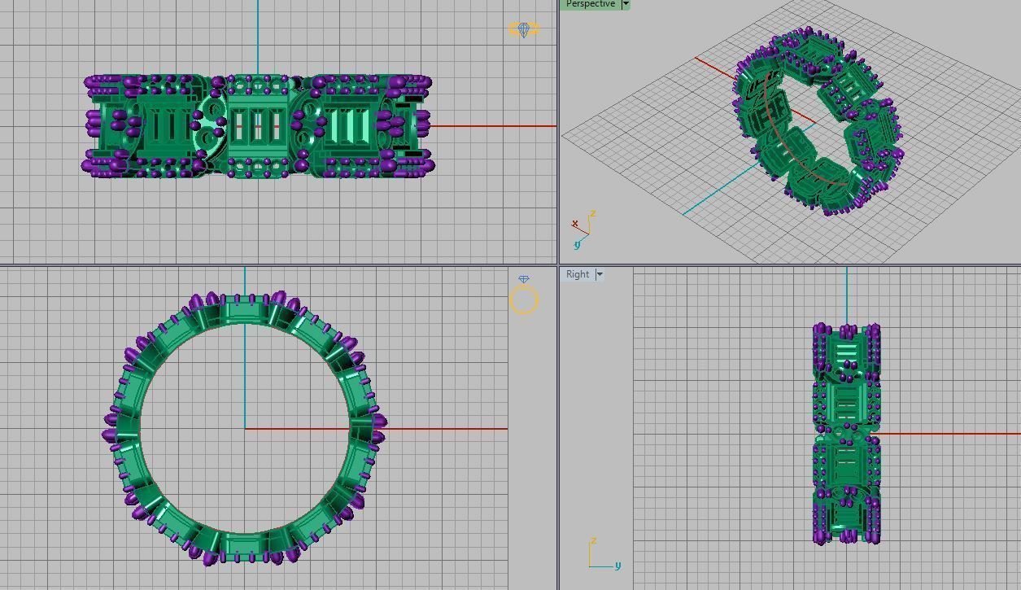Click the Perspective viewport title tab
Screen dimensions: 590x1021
click(x=590, y=4)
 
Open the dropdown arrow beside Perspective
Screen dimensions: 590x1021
click(x=626, y=4)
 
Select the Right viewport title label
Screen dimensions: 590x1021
click(x=578, y=274)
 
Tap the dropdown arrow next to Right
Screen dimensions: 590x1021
click(x=600, y=274)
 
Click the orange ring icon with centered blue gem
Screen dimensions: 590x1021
click(x=523, y=30)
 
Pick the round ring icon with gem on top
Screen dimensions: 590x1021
click(x=524, y=299)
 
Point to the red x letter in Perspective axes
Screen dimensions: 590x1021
click(x=575, y=224)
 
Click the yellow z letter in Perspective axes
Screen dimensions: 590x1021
click(x=593, y=214)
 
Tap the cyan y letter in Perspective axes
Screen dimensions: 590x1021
click(x=577, y=244)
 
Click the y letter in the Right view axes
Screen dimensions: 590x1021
click(x=618, y=566)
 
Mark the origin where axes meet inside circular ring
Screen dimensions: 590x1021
click(x=245, y=429)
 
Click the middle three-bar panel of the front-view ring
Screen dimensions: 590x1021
click(x=258, y=126)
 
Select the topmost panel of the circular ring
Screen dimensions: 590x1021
click(x=244, y=311)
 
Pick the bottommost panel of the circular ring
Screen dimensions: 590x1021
click(x=244, y=545)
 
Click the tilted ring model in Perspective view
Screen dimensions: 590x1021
click(x=818, y=122)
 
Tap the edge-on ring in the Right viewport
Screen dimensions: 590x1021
click(x=846, y=434)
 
